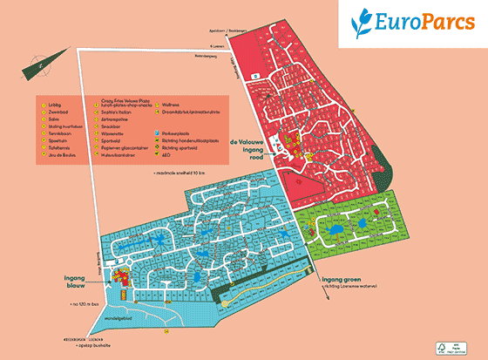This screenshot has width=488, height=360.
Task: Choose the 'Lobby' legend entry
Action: [x=58, y=105]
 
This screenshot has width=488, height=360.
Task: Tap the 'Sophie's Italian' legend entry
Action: [x=119, y=115]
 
